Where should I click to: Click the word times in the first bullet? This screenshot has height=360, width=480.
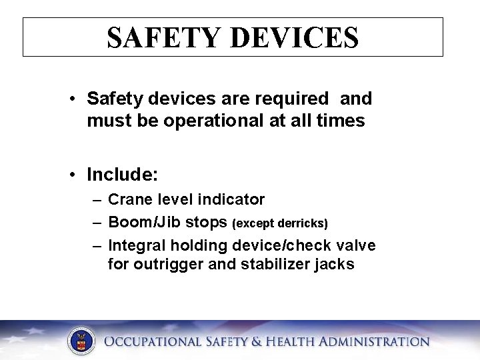342,121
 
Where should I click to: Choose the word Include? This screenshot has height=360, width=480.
122,175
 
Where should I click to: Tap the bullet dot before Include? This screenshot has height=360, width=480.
72,175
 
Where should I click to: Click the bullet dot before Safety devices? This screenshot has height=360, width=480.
72,99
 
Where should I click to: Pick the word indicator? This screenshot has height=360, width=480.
233,199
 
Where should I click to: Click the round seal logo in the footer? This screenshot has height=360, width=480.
81,342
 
